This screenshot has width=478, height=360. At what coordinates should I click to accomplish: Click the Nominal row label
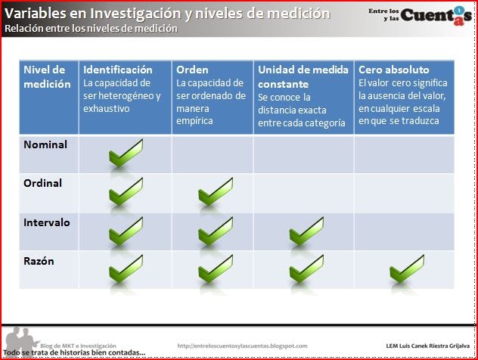[45, 144]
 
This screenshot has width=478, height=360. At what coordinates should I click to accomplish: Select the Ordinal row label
[43, 183]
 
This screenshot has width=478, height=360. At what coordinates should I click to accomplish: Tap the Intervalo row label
[47, 222]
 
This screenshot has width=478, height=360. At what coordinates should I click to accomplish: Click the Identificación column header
[118, 70]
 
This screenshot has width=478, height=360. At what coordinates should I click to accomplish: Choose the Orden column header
[192, 70]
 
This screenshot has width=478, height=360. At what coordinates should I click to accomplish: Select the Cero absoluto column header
[393, 70]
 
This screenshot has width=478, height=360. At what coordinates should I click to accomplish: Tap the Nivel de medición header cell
[46, 77]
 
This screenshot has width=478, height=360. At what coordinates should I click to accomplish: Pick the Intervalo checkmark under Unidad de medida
[306, 231]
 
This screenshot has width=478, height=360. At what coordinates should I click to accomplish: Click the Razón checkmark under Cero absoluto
[406, 268]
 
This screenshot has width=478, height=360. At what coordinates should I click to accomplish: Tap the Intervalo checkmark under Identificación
[126, 231]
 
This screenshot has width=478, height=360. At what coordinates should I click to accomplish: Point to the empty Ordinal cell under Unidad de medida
[303, 192]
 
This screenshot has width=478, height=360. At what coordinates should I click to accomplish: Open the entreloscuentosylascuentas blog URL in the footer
[242, 346]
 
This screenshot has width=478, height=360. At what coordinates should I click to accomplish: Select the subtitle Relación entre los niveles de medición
[91, 29]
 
